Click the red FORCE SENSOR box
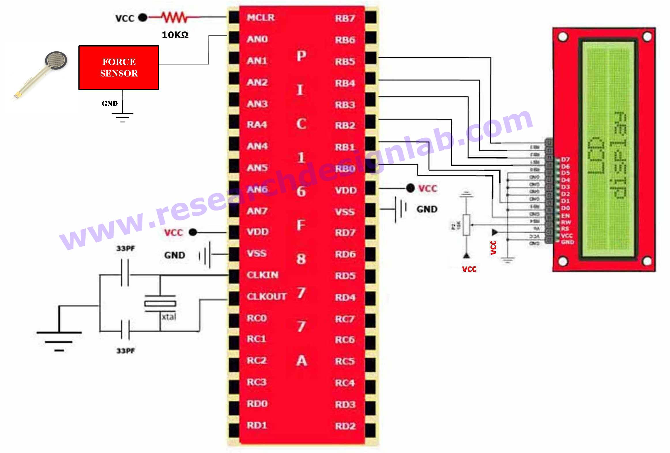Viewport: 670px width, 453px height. pos(119,68)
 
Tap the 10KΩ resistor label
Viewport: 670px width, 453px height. pos(175,35)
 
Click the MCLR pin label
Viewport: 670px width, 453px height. pos(261,18)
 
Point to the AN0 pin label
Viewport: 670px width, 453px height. pos(257,39)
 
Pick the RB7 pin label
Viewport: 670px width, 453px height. pos(345,18)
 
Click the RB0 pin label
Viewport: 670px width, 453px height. pos(345,169)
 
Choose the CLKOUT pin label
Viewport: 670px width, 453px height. pos(266,297)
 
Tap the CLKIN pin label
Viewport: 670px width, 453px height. pos(262,275)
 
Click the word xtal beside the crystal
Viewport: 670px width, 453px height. pos(169,317)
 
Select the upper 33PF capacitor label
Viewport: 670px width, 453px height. pos(125,248)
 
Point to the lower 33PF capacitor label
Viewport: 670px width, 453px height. pos(125,351)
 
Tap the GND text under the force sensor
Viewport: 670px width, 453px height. pos(110,103)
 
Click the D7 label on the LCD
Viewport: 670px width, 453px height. pos(565,160)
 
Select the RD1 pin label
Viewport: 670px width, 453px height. pos(257,425)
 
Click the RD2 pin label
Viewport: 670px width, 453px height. pos(345,426)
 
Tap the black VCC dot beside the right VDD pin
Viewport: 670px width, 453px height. pos(410,188)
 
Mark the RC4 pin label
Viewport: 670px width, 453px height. pos(345,383)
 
